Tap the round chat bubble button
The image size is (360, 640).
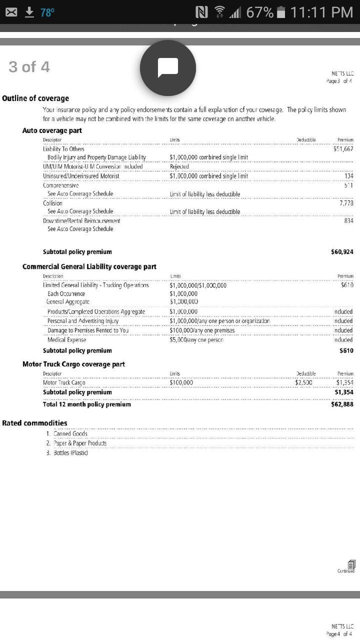pos(168,67)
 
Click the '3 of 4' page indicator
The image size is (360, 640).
pos(29,67)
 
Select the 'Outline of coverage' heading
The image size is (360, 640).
pos(35,98)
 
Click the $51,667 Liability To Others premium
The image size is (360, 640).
pos(343,148)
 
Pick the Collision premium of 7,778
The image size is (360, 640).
pos(345,203)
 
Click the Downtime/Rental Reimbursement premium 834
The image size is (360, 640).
pos(348,220)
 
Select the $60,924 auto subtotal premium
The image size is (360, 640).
pos(342,251)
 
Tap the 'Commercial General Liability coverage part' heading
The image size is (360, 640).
pos(89,266)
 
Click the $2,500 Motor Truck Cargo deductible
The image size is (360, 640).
pos(303,383)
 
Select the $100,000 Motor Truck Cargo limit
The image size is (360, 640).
pos(181,383)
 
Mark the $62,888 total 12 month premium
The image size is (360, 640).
pos(342,404)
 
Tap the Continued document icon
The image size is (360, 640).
pos(351,564)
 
